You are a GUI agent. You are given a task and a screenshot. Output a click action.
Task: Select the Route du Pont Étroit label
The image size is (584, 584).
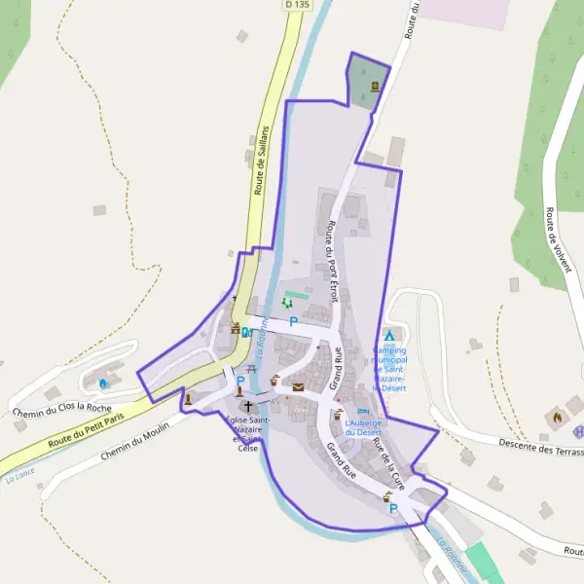click(x=332, y=260)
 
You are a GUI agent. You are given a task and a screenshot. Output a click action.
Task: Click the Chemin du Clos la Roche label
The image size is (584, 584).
click(x=62, y=399)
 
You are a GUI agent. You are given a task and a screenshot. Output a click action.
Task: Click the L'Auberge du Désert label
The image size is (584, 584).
click(x=363, y=428)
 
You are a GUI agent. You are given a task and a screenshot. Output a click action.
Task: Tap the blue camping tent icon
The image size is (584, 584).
click(x=389, y=335)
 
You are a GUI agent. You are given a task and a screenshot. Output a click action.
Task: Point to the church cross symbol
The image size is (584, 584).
click(x=247, y=406)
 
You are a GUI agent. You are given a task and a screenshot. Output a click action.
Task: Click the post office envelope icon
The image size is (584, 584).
click(x=298, y=387)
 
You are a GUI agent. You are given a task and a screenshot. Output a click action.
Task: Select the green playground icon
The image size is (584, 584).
click(x=287, y=305)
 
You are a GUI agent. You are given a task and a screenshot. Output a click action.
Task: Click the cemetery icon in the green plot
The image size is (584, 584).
click(x=375, y=86)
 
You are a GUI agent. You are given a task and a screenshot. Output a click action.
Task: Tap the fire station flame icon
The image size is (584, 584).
click(x=557, y=417)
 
